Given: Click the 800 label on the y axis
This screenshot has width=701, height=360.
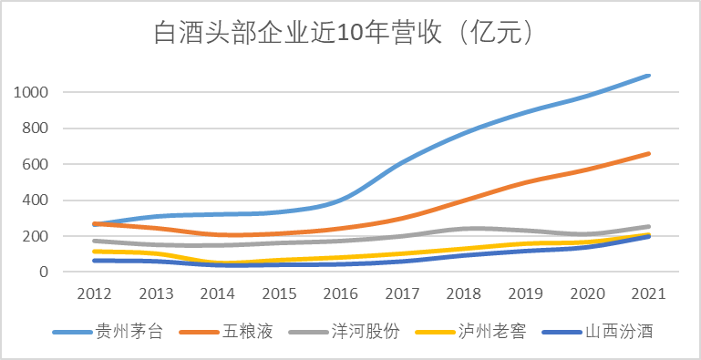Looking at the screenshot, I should tap(35, 129).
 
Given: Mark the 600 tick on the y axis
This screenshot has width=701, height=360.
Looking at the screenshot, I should tap(35, 165).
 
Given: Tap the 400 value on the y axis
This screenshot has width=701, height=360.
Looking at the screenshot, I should tap(35, 201).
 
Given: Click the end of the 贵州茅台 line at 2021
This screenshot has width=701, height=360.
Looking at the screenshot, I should tap(649, 76).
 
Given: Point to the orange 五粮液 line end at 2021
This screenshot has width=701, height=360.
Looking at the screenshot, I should tap(649, 153).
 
